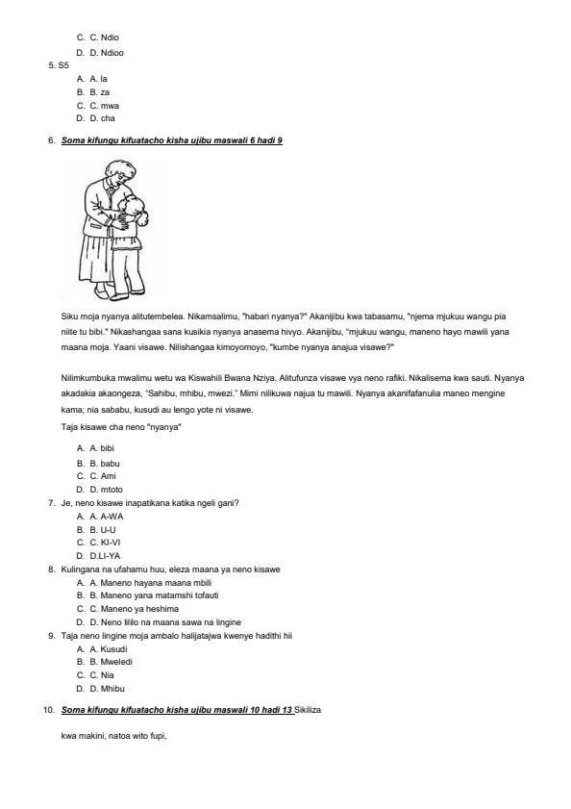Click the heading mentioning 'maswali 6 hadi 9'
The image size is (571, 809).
tap(172, 140)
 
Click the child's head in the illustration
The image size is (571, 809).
tap(138, 209)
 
